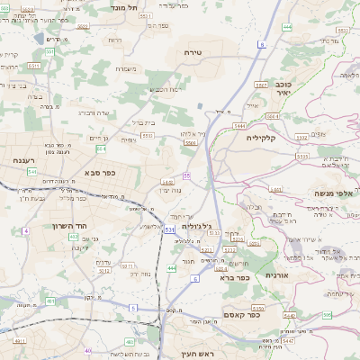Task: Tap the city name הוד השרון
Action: point(67,225)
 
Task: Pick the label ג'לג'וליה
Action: point(195,227)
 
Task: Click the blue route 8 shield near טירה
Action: point(261,43)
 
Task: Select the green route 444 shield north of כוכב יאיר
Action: point(286,27)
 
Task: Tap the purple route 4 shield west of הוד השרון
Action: point(26,231)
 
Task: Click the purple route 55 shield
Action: point(186,175)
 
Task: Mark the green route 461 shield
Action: point(49,301)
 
